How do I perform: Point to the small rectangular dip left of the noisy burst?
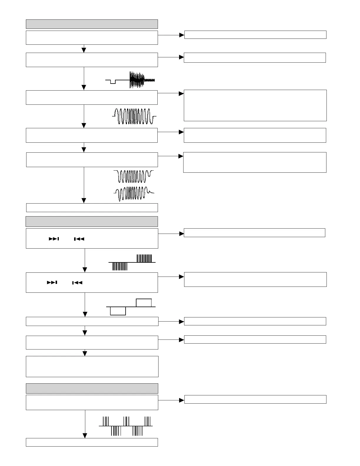113,81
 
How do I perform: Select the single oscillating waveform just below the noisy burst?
134,116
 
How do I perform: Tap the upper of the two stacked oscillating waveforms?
134,176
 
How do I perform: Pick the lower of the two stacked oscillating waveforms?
134,193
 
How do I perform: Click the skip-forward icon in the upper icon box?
54,239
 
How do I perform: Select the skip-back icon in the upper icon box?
79,239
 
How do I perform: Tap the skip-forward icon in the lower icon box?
52,283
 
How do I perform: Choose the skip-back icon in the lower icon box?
77,283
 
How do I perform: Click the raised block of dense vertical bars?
144,258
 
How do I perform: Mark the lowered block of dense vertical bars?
120,266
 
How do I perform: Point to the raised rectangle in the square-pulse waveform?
144,303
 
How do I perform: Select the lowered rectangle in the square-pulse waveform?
118,311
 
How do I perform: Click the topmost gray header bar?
92,24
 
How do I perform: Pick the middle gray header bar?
92,222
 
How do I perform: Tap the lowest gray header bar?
92,388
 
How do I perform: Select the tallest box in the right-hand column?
255,105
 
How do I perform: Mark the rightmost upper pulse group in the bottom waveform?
148,421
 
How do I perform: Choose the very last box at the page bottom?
92,442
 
